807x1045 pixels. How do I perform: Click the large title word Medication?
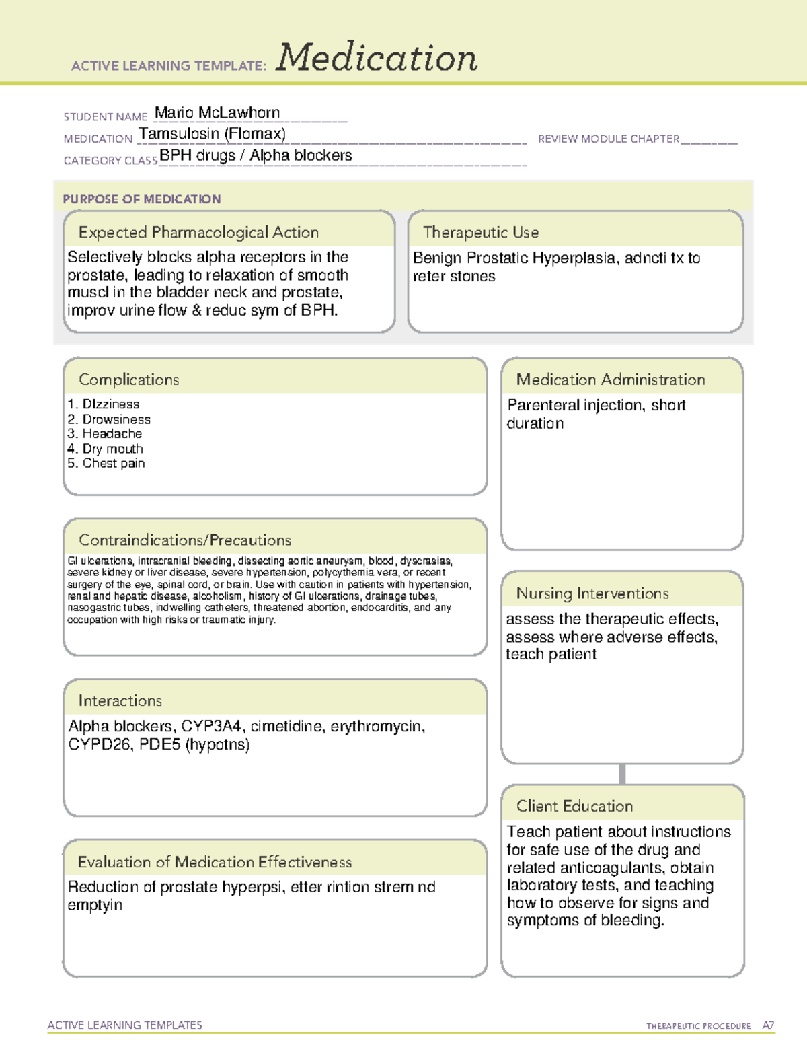[377, 58]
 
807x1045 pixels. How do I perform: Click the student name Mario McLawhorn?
[217, 113]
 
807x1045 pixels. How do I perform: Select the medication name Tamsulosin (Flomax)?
[212, 134]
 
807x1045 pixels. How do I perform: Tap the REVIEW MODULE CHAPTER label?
[609, 139]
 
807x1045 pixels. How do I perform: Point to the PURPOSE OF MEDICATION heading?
[141, 199]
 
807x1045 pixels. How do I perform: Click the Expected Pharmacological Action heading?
[198, 232]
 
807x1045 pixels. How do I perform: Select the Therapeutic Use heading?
[480, 232]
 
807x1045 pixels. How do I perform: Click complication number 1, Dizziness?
[104, 404]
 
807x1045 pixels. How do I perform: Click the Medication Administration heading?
[610, 380]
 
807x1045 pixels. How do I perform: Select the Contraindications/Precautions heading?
[184, 540]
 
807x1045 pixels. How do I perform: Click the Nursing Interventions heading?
[592, 593]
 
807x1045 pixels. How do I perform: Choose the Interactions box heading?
[120, 701]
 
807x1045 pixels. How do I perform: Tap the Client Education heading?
[574, 806]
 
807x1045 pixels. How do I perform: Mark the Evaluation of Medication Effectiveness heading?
[215, 862]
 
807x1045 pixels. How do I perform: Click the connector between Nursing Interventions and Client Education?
[622, 774]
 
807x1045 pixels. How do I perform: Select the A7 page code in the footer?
[767, 1025]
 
